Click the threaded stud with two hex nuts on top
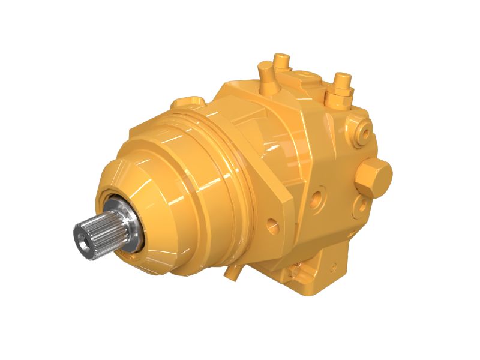pyautogui.click(x=342, y=87)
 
